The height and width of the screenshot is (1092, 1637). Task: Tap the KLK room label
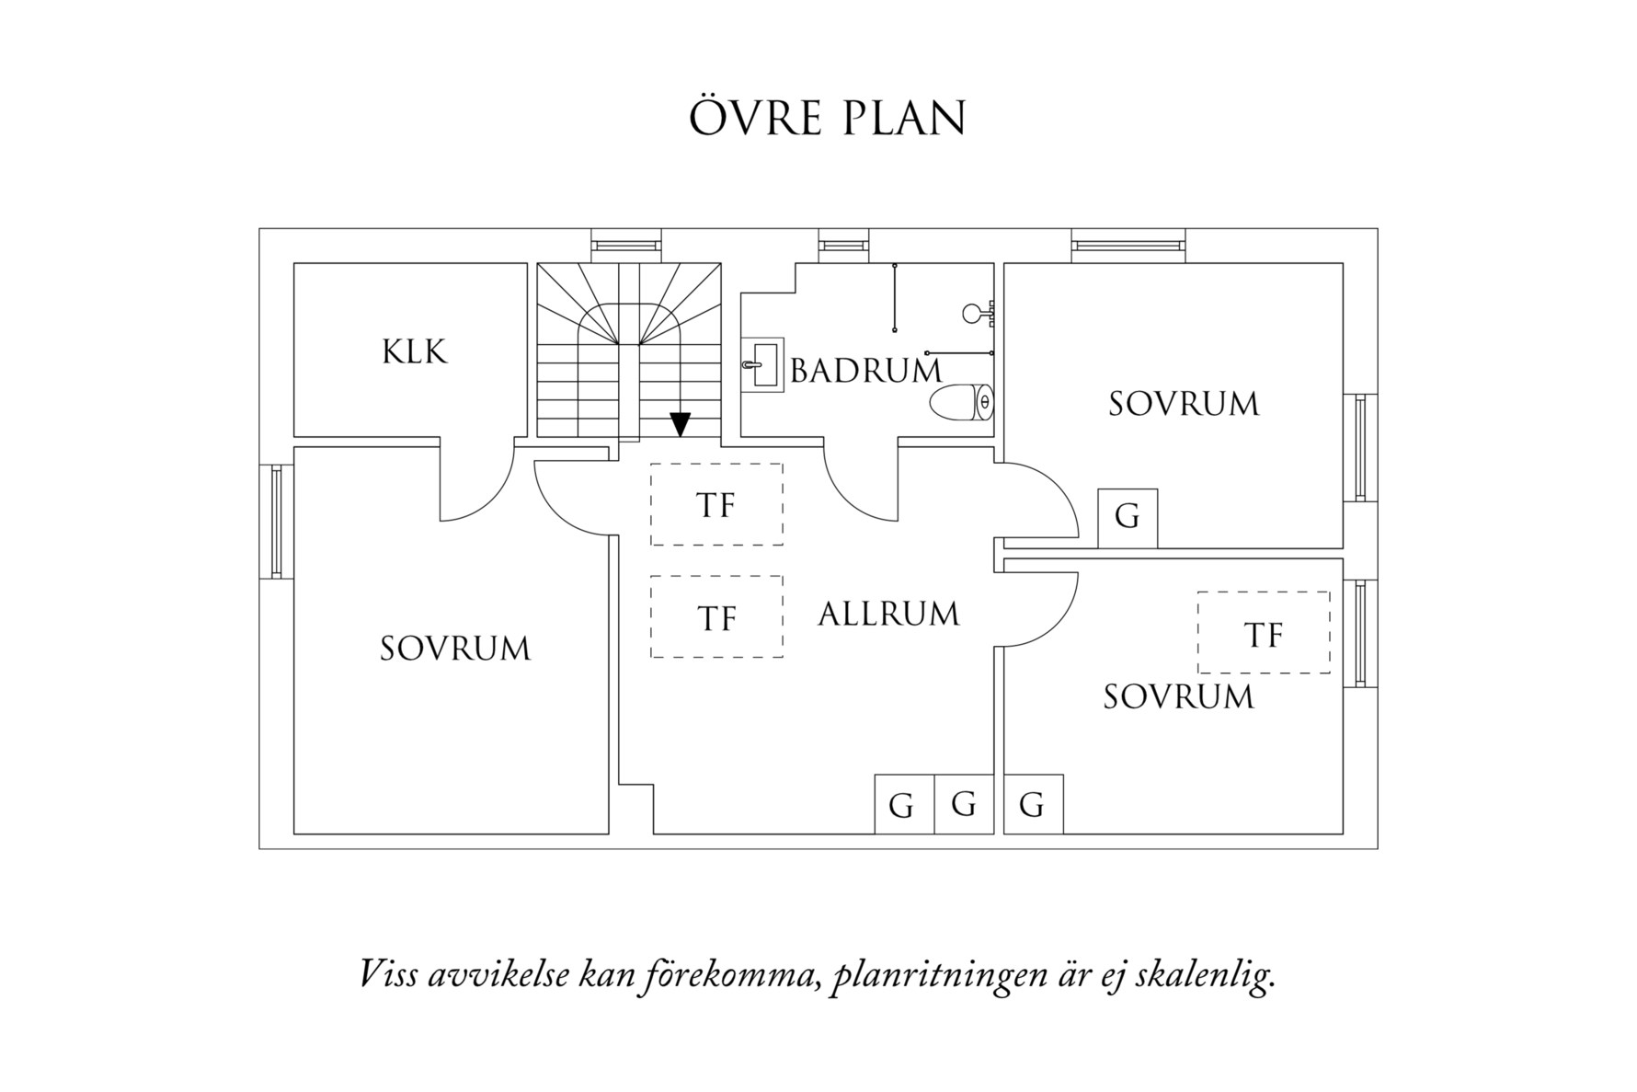click(x=415, y=352)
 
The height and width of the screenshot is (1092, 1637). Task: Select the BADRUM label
click(x=866, y=371)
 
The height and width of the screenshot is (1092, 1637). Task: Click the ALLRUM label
click(x=888, y=615)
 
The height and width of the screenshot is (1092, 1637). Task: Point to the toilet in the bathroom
click(x=962, y=403)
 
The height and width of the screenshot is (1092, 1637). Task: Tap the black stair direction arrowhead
click(x=680, y=424)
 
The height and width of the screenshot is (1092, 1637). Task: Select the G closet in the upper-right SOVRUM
click(x=1128, y=518)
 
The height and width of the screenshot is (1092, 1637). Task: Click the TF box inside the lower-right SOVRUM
click(x=1263, y=633)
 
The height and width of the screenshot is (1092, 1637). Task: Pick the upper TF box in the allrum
click(x=716, y=504)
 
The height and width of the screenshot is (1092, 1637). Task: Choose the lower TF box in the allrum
click(x=716, y=616)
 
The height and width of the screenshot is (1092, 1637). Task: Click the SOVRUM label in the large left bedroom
click(x=455, y=649)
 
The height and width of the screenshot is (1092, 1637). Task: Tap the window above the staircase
click(x=625, y=246)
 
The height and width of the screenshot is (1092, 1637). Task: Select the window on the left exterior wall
click(x=276, y=522)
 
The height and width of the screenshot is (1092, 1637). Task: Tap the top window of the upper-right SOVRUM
click(x=1128, y=246)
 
